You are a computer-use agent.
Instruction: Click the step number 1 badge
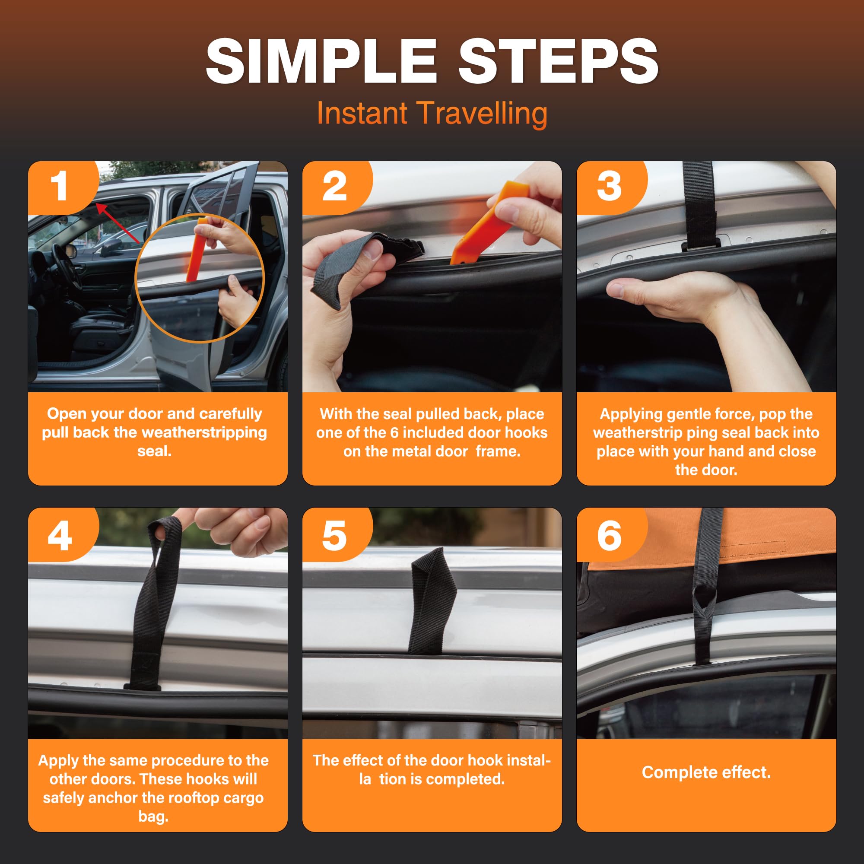[59, 186]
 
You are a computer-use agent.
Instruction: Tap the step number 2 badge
[334, 186]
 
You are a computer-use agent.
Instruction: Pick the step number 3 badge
[609, 186]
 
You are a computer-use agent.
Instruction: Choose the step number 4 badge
[59, 536]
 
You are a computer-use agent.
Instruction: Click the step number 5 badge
[334, 536]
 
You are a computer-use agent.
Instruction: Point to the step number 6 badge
[609, 536]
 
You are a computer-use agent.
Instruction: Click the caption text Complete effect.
[706, 772]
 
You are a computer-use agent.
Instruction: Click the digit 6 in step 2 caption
[394, 432]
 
